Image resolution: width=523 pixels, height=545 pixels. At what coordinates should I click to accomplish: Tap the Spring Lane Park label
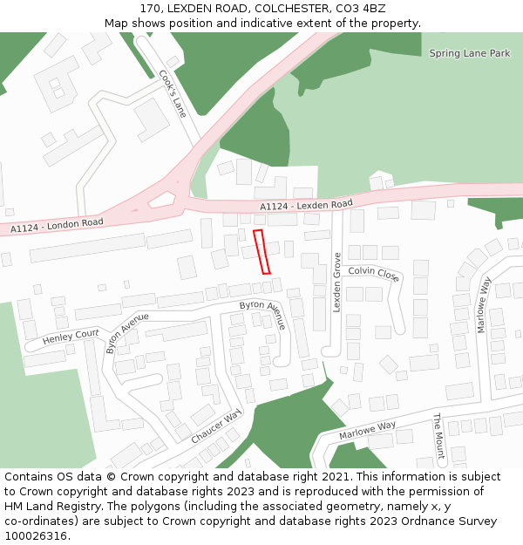tap(469, 53)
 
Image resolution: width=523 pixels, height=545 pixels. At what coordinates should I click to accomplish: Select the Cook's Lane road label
tap(173, 94)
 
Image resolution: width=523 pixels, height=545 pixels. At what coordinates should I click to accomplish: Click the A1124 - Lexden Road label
tap(306, 205)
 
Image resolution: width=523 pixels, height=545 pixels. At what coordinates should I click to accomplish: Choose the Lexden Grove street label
tap(336, 283)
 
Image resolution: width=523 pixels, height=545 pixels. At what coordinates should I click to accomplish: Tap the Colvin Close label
tap(374, 275)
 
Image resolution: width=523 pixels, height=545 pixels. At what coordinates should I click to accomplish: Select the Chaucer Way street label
tap(216, 426)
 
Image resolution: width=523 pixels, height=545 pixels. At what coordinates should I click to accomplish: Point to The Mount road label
tap(438, 436)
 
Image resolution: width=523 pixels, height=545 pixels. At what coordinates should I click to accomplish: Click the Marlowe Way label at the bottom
tap(367, 429)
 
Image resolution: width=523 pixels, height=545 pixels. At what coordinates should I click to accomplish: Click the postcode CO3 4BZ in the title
tap(360, 8)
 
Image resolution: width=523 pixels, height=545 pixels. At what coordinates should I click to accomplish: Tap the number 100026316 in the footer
tap(37, 536)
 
